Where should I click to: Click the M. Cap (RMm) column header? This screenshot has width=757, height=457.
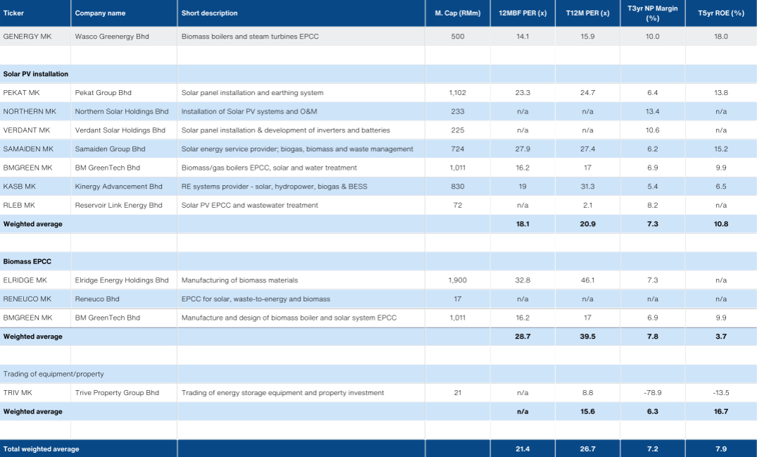(457, 13)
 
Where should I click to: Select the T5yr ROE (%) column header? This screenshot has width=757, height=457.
(720, 13)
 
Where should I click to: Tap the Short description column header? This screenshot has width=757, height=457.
(210, 13)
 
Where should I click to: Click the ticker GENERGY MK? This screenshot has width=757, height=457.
(27, 37)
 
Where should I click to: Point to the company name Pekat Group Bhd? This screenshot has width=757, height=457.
(103, 93)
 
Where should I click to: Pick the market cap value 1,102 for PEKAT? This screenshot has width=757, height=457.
(457, 93)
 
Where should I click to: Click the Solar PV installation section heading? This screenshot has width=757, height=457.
(36, 74)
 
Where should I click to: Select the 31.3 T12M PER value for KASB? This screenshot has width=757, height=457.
(587, 187)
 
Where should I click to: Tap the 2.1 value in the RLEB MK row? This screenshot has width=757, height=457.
(587, 206)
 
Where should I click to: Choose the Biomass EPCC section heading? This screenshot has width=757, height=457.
(27, 262)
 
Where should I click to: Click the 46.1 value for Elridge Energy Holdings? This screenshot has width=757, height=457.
(587, 280)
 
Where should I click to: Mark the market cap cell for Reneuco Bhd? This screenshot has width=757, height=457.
(457, 299)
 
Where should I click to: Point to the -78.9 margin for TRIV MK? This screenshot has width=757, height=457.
(653, 393)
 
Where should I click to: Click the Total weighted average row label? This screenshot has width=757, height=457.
(42, 449)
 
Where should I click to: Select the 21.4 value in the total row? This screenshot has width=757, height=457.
(522, 449)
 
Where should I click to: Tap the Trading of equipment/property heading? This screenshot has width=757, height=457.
(53, 374)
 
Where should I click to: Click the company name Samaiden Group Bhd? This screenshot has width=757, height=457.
(110, 149)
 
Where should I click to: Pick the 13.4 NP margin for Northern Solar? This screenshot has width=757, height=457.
(653, 112)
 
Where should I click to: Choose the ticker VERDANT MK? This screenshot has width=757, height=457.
(27, 130)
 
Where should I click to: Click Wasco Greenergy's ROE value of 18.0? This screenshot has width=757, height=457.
(720, 37)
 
